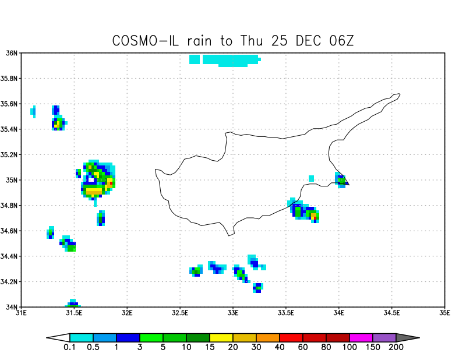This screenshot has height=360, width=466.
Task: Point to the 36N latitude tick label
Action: pyautogui.click(x=11, y=53)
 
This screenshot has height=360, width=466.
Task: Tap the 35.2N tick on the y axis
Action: pyautogui.click(x=9, y=155)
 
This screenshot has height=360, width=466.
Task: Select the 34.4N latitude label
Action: pyautogui.click(x=9, y=256)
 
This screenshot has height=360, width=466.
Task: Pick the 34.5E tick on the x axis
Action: pyautogui.click(x=392, y=313)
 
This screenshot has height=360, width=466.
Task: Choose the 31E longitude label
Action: pyautogui.click(x=22, y=313)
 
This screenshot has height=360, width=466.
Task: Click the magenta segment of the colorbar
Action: pyautogui.click(x=361, y=337)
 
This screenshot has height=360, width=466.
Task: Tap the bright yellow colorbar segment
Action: pyautogui.click(x=221, y=337)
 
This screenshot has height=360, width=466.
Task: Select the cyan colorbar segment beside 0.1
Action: pyautogui.click(x=82, y=337)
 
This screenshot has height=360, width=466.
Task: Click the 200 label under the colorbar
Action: pyautogui.click(x=396, y=348)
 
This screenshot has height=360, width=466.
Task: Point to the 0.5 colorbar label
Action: pyautogui.click(x=93, y=348)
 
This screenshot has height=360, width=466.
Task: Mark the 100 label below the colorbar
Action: pyautogui.click(x=349, y=348)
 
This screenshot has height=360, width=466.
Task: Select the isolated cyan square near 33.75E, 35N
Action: pyautogui.click(x=312, y=178)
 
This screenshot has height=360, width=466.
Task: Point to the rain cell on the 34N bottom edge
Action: pyautogui.click(x=72, y=303)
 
